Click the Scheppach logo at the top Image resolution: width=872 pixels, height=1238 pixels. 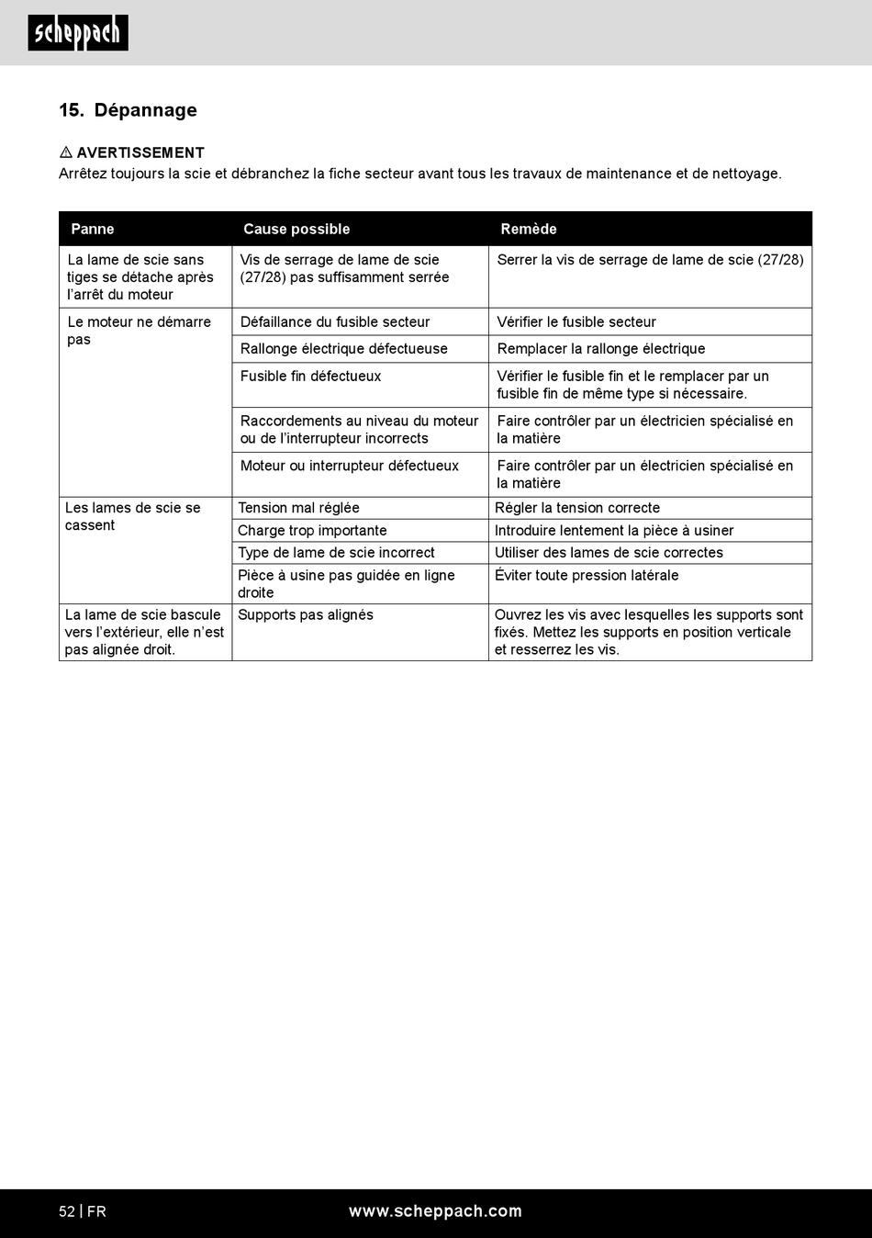[78, 33]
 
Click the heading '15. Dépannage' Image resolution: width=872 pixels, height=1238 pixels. [128, 110]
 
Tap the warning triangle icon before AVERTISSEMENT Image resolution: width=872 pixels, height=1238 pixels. [65, 152]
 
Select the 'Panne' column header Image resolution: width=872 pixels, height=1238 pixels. [93, 229]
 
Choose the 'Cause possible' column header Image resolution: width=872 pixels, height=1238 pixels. [296, 229]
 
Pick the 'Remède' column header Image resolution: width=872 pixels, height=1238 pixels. [529, 229]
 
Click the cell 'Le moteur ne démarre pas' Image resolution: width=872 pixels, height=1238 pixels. [139, 331]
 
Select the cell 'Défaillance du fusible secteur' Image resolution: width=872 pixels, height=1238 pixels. [335, 322]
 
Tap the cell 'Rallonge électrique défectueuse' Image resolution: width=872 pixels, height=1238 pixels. [344, 349]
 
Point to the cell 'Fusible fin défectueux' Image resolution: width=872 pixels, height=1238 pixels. [310, 377]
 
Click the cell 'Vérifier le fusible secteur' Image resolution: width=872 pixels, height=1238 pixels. [576, 322]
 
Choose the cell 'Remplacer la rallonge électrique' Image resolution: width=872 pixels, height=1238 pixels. [601, 349]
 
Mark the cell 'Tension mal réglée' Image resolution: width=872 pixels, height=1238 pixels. [298, 508]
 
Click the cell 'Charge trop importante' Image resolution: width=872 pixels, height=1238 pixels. [312, 531]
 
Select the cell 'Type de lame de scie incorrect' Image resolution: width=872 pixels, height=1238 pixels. [336, 553]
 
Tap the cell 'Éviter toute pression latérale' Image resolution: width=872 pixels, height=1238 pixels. [587, 576]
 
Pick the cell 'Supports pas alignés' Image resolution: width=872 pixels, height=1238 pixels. [306, 615]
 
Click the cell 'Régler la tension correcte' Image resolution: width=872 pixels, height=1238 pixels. [577, 508]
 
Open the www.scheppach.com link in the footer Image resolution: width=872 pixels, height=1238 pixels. [435, 1211]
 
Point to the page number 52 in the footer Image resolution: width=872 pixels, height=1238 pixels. [67, 1211]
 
